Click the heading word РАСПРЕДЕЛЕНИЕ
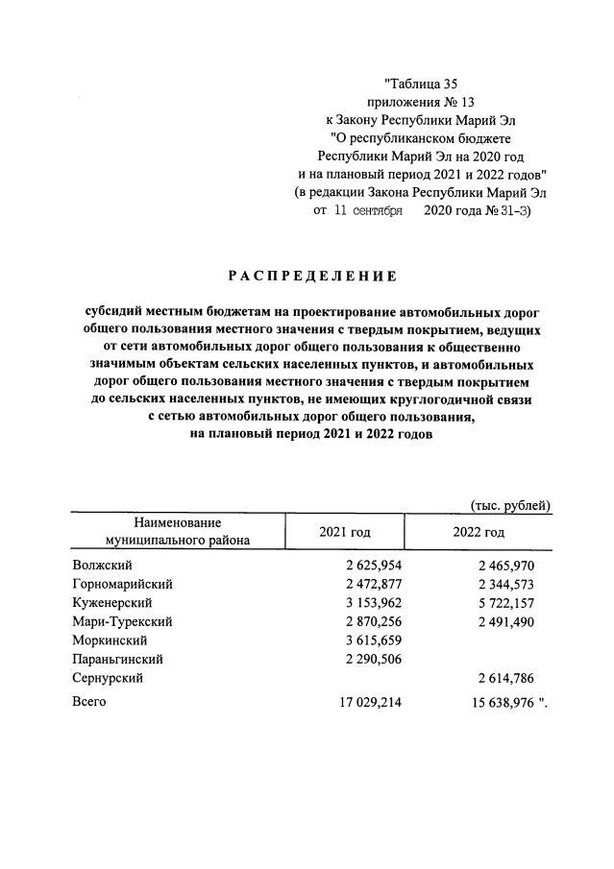coord(311,277)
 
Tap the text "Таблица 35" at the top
coord(421,84)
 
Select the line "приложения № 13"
coord(421,101)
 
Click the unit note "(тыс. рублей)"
coord(509,504)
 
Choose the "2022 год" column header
coord(478,532)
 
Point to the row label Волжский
coord(102,566)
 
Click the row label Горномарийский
coord(122,584)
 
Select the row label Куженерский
coord(112,603)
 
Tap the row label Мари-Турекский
coord(122,621)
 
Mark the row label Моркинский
coord(110,640)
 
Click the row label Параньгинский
coord(117,659)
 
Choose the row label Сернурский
coord(108,678)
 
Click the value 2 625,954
coord(366,566)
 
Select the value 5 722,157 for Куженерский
coord(499,603)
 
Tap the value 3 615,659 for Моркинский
coord(366,640)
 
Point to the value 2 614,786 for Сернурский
coord(499,678)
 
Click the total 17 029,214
coord(363,703)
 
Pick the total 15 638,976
coord(495,703)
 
